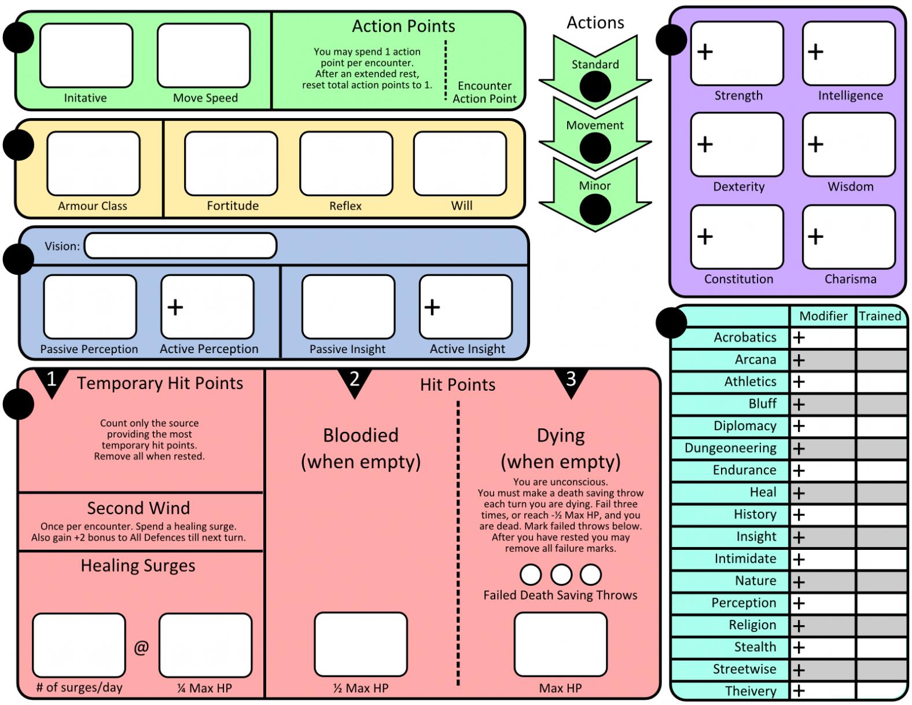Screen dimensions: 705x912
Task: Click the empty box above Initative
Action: (86, 56)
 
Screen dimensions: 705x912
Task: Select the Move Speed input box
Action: (204, 56)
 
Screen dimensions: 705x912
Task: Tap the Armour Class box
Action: (93, 164)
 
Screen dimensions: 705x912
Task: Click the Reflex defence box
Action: (346, 164)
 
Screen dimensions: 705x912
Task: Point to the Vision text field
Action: (181, 246)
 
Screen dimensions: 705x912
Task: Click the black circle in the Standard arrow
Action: (595, 87)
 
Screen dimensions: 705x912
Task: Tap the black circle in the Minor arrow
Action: (595, 209)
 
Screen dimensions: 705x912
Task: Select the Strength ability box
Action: (737, 53)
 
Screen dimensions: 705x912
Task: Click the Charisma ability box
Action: (848, 237)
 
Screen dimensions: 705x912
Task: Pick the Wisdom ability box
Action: (848, 144)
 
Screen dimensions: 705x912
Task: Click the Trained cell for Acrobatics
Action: (881, 338)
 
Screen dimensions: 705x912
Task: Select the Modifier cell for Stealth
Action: (822, 648)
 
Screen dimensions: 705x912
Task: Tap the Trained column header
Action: (880, 316)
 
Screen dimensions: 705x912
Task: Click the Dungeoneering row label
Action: (730, 448)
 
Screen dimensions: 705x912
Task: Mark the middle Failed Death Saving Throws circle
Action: (561, 575)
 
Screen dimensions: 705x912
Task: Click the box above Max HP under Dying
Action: (560, 644)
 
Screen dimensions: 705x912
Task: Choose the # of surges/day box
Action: (79, 645)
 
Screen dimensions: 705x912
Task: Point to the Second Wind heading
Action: (138, 508)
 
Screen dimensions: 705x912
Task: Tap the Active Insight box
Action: (466, 307)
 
